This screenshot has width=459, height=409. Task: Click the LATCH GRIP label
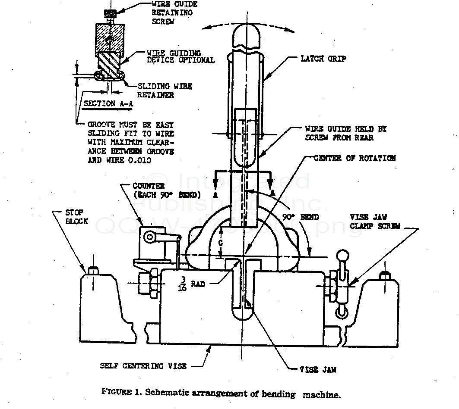coord(323,59)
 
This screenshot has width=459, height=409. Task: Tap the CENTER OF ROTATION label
coord(355,158)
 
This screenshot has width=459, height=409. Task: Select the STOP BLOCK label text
coord(76,217)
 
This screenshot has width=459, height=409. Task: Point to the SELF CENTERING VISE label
coord(143,366)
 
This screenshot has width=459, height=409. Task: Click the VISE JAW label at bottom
coord(318,369)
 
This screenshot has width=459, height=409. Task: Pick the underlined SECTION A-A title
coord(99,103)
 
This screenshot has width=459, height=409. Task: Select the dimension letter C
coord(221,244)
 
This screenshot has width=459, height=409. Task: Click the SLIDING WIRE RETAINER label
coord(165,91)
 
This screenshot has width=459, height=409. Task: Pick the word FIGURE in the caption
coord(116,392)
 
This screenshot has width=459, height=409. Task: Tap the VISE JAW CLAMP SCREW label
coord(374,222)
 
